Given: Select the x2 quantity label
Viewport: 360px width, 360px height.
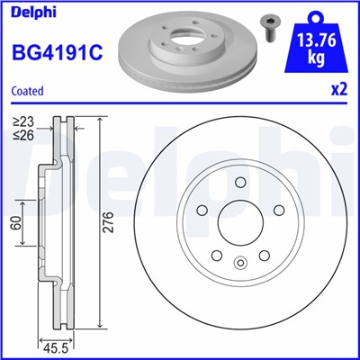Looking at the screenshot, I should [338, 89].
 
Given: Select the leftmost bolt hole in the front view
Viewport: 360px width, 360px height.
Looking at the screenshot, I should [202, 211].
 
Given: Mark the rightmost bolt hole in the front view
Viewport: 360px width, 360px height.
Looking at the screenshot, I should [276, 211].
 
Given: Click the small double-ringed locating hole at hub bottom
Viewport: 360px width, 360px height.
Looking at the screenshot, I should [239, 264].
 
